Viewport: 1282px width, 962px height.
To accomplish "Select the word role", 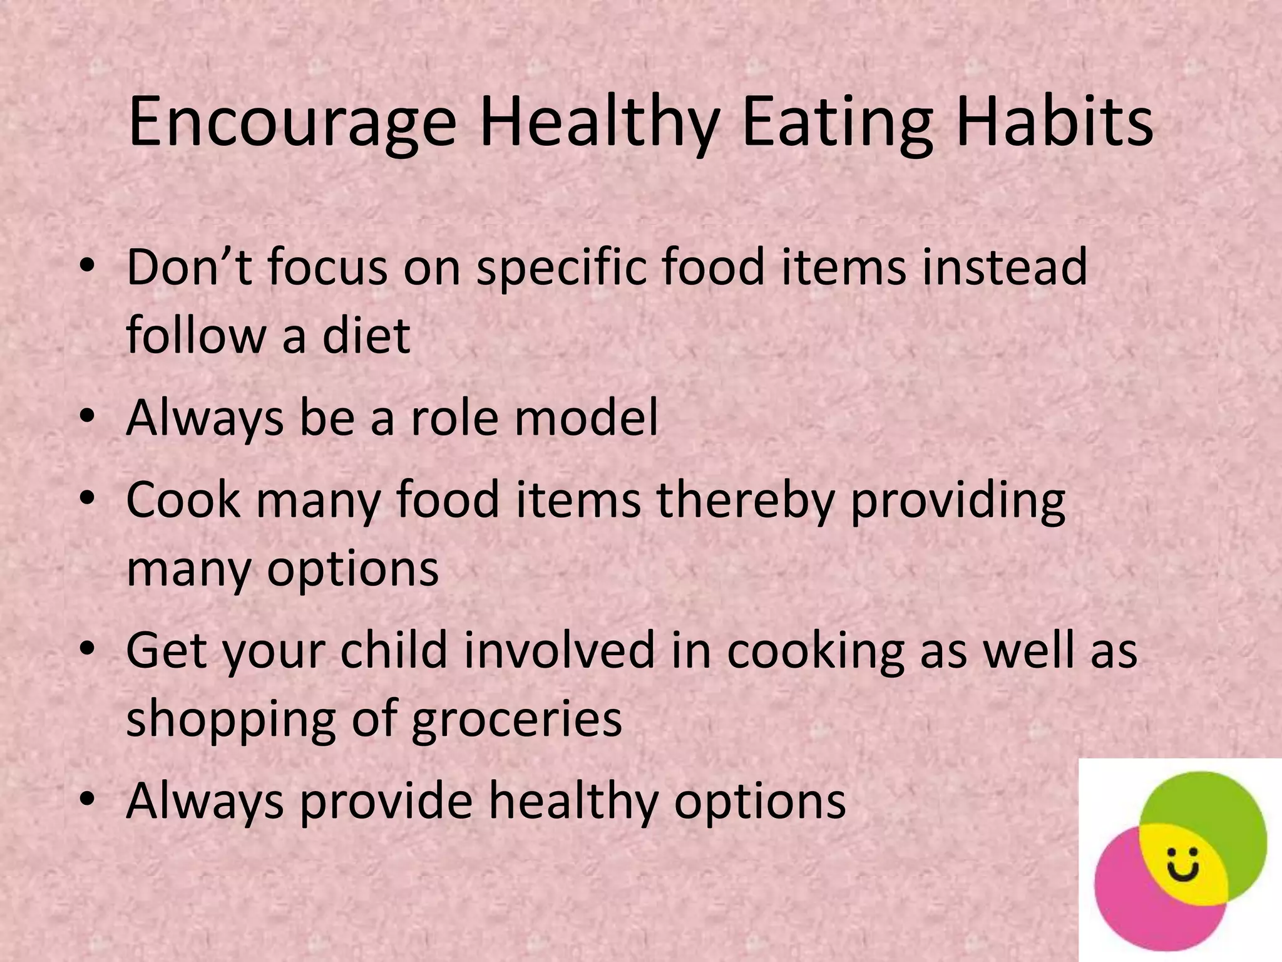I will pos(453,418).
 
